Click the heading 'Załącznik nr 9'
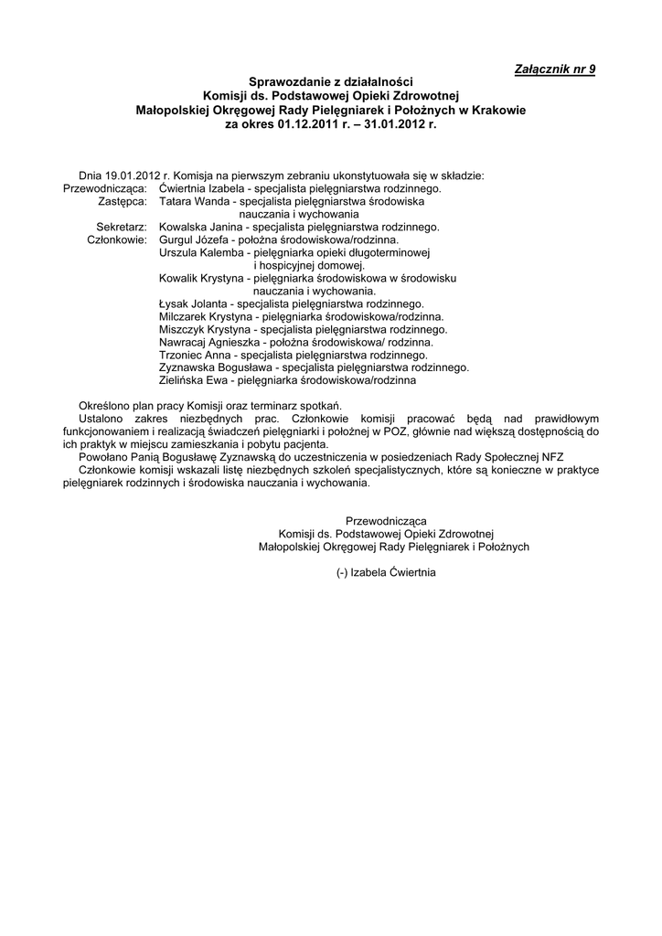pos(555,69)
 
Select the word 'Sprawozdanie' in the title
pos(285,82)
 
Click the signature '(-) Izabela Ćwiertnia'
pos(386,572)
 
